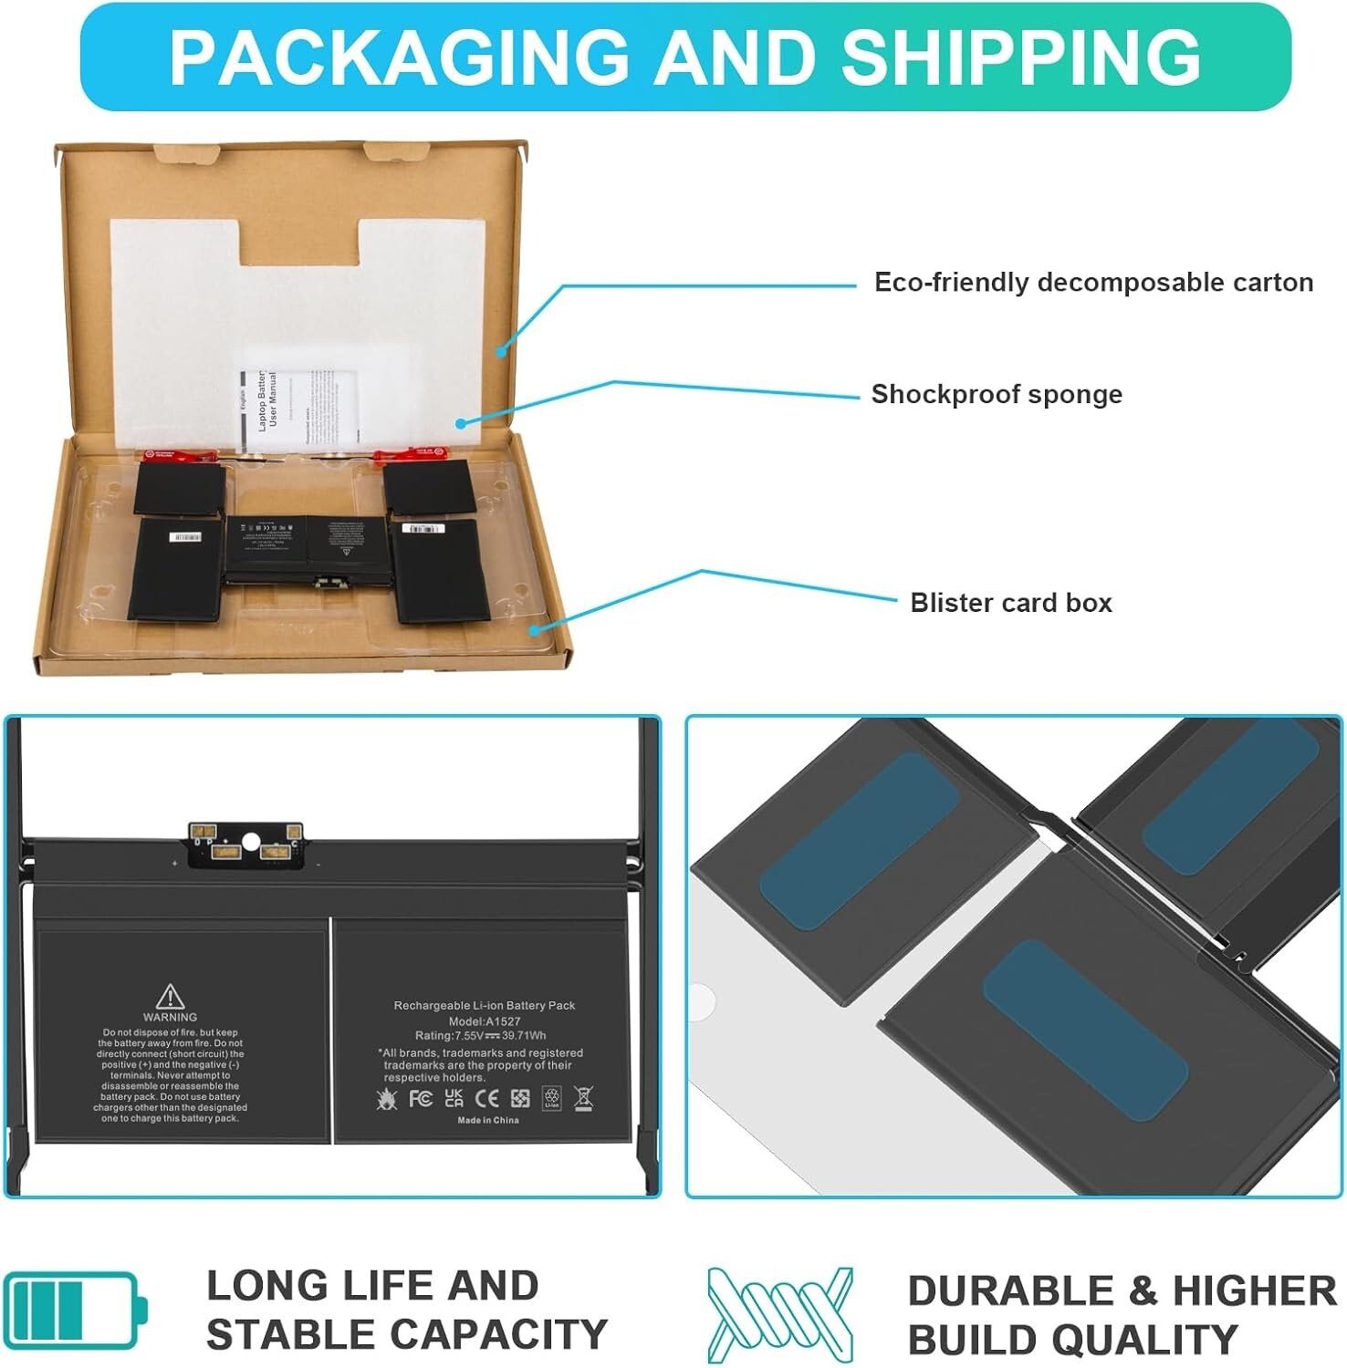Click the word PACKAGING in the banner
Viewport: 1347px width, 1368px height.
click(x=399, y=57)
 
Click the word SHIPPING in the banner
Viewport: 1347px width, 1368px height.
click(x=1020, y=57)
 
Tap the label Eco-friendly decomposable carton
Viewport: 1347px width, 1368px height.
click(x=1093, y=283)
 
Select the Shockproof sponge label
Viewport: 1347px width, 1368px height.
click(x=997, y=395)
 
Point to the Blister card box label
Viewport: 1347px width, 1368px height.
click(x=1011, y=603)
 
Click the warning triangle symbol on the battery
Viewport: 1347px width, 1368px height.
click(x=170, y=996)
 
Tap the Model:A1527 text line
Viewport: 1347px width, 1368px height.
click(x=485, y=1021)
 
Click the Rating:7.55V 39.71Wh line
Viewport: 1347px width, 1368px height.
click(x=481, y=1036)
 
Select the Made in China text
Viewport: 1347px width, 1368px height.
click(x=487, y=1120)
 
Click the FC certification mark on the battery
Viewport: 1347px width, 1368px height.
click(x=421, y=1099)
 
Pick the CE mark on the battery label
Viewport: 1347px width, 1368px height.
click(x=487, y=1099)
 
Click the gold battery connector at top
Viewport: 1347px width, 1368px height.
click(x=245, y=844)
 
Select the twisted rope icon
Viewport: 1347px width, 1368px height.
click(x=780, y=1314)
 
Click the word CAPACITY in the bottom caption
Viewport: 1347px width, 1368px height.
click(x=511, y=1335)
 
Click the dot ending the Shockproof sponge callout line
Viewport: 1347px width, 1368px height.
click(x=461, y=423)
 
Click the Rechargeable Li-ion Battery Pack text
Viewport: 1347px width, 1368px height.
click(x=485, y=1006)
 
